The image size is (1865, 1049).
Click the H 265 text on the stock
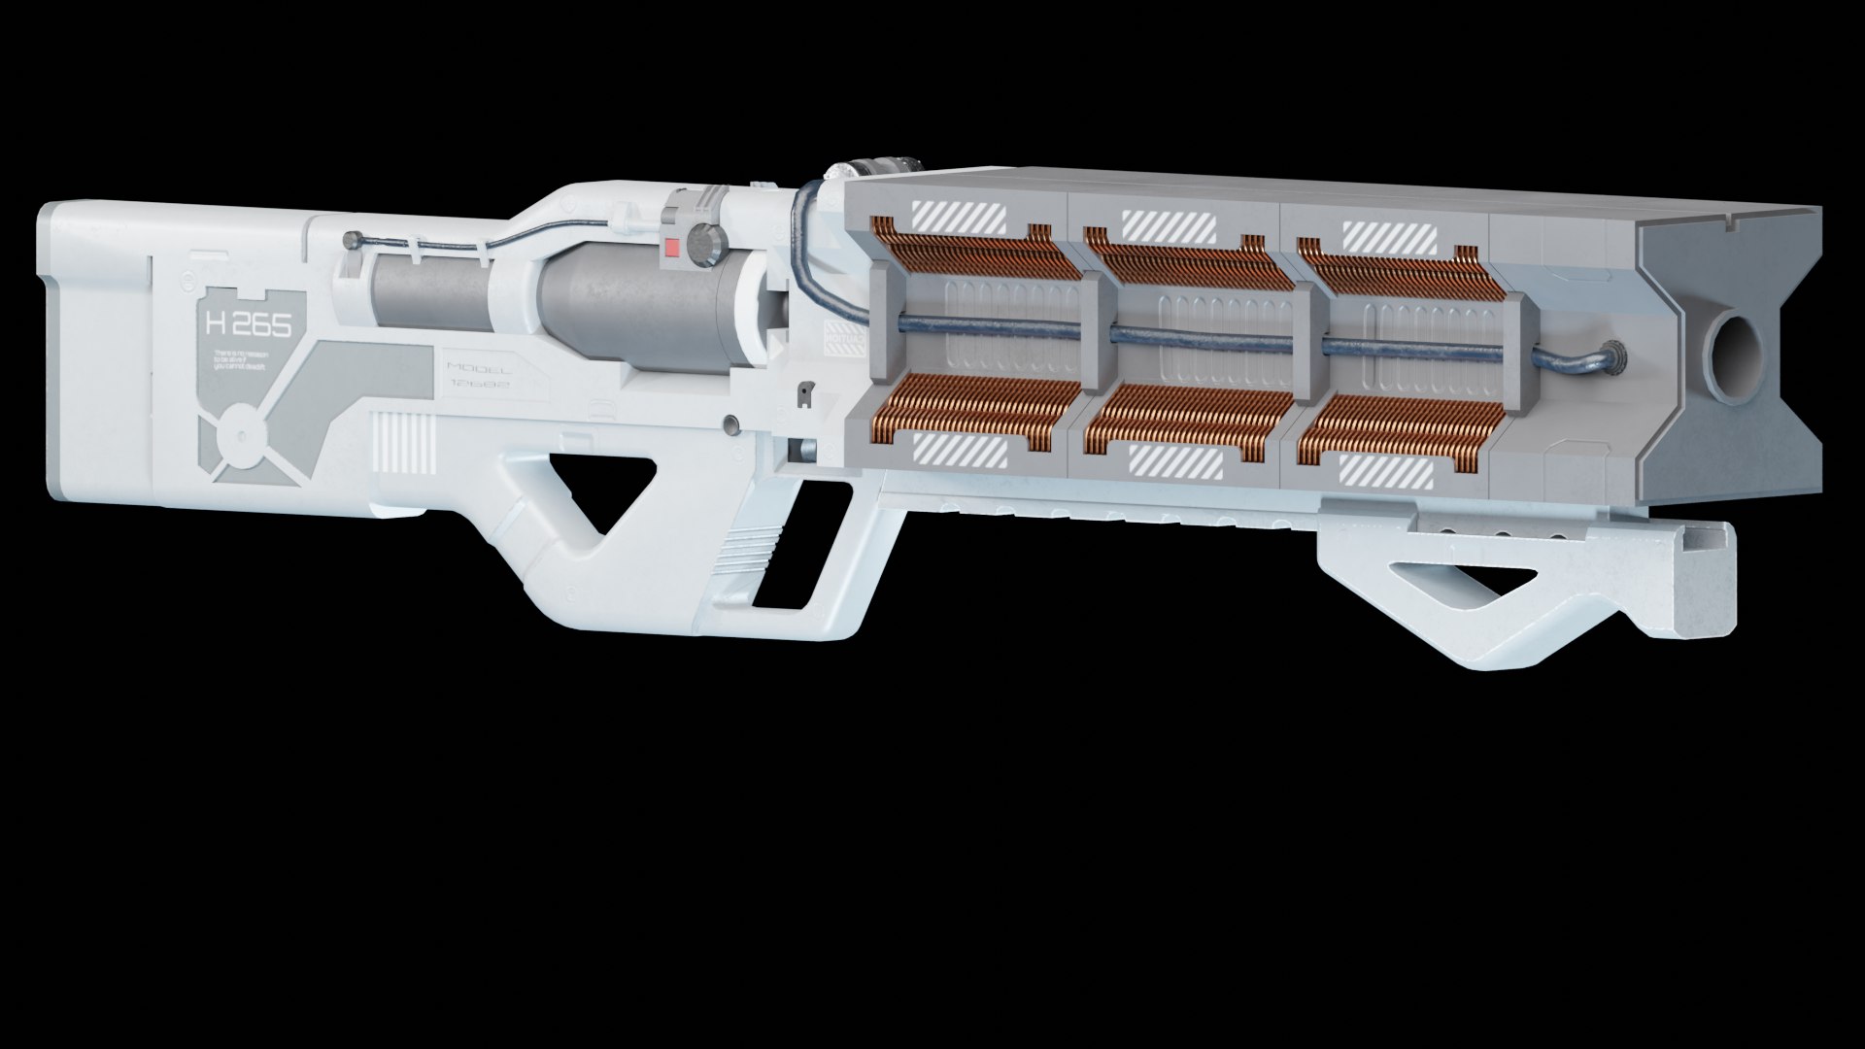[248, 325]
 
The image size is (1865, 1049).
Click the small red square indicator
[671, 247]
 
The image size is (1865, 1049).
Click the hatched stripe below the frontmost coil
[1386, 472]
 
